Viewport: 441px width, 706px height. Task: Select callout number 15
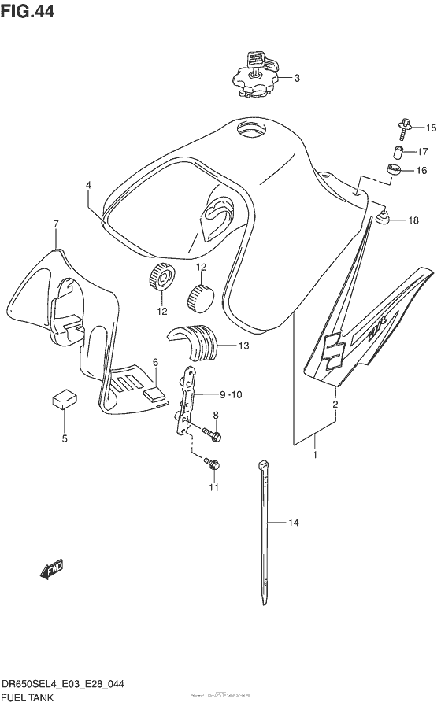pos(431,127)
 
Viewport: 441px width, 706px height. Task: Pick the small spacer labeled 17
pos(399,151)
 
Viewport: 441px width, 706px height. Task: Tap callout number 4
pos(89,186)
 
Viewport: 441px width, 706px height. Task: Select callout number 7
pos(56,224)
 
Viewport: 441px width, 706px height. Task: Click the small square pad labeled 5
pos(63,398)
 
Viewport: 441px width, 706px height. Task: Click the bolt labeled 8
pos(213,433)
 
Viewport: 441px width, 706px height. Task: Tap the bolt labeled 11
pos(212,465)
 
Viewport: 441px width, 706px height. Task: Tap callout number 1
pos(316,454)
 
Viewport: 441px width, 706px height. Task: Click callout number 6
pos(156,361)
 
